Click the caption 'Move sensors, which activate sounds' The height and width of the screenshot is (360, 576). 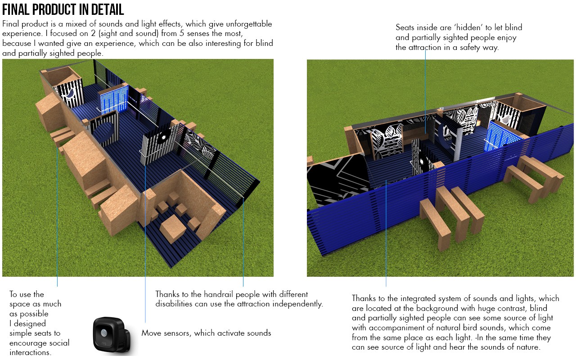tap(206, 333)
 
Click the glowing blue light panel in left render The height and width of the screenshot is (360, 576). tap(111, 99)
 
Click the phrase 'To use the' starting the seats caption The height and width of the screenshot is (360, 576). tap(27, 294)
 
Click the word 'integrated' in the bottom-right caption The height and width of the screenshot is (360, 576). tap(415, 298)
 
